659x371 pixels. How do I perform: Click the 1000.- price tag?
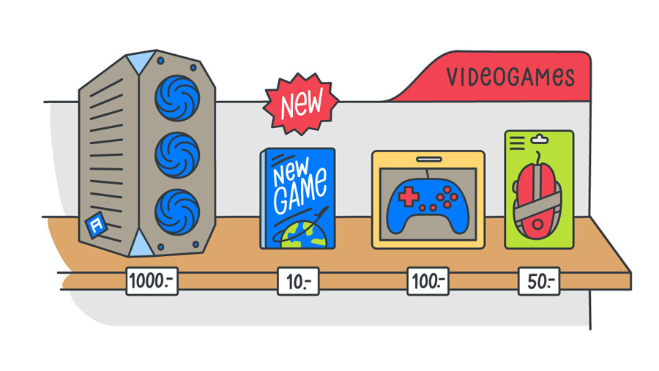point(152,280)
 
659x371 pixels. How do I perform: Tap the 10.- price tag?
point(297,281)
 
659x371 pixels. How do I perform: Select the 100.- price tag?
point(428,281)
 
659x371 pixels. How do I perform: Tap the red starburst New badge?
point(301,105)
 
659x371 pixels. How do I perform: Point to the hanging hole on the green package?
point(540,137)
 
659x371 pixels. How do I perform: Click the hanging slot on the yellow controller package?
point(428,157)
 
